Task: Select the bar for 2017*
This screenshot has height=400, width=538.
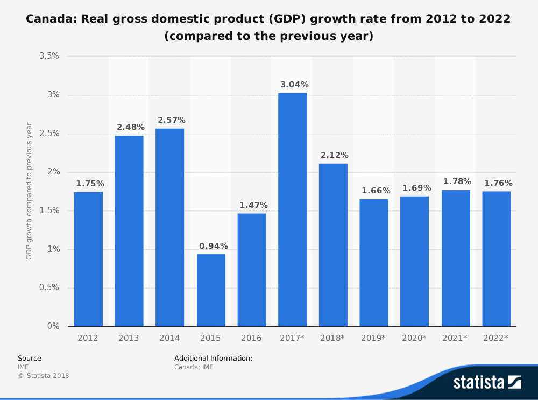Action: click(293, 209)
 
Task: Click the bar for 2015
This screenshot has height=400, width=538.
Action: click(211, 290)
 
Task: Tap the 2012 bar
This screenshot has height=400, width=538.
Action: click(88, 259)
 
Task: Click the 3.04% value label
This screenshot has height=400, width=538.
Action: click(294, 85)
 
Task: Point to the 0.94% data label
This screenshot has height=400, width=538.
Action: click(214, 246)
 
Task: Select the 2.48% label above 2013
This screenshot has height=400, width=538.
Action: click(131, 127)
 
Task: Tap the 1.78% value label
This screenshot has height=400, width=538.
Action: click(457, 181)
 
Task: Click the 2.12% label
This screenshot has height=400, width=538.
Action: click(335, 155)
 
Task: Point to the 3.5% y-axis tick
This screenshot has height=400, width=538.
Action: click(49, 56)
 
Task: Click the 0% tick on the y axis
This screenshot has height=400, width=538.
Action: click(53, 326)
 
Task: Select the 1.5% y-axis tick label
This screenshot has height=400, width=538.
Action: click(49, 210)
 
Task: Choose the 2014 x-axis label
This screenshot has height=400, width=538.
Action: click(169, 338)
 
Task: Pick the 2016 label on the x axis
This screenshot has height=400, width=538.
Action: click(251, 338)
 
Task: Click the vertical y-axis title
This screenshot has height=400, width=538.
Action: click(29, 191)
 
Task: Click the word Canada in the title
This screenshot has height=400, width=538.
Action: click(46, 19)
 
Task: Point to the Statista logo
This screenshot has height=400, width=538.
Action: click(487, 382)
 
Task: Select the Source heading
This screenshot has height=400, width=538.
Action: click(30, 358)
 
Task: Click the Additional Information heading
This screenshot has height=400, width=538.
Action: click(213, 358)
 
